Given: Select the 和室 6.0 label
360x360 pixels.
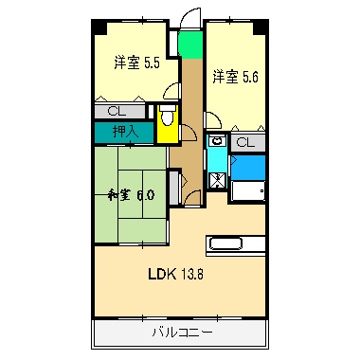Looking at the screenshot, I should tap(131, 195).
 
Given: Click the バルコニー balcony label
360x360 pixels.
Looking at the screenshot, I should tap(182, 333).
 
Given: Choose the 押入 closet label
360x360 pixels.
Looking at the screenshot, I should tap(124, 132).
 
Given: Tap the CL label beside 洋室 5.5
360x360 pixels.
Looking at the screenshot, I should tap(114, 112).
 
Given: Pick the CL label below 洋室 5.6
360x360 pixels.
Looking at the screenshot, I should tap(243, 143).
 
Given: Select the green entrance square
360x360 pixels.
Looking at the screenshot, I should tap(191, 44).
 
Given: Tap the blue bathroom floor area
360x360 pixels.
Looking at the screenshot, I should tap(247, 167).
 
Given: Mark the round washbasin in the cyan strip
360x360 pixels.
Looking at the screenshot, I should tap(217, 141).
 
